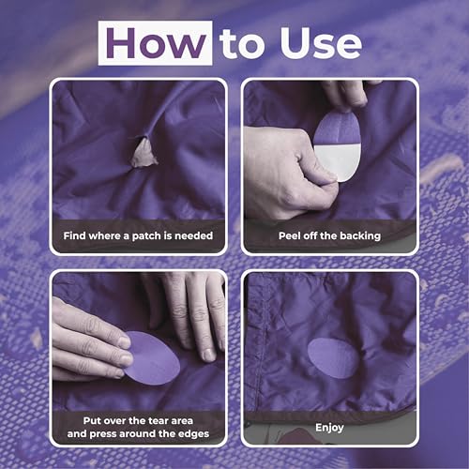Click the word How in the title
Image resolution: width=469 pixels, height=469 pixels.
[156, 43]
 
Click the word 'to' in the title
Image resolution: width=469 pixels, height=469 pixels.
[241, 44]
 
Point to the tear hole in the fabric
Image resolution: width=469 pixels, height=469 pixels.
[143, 152]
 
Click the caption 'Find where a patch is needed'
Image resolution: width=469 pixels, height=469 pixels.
[139, 235]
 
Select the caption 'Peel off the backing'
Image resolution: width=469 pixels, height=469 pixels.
[328, 235]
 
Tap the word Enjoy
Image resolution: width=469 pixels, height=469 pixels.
[328, 427]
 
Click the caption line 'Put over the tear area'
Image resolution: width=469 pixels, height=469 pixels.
[139, 420]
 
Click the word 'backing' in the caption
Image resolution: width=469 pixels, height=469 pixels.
[359, 235]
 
